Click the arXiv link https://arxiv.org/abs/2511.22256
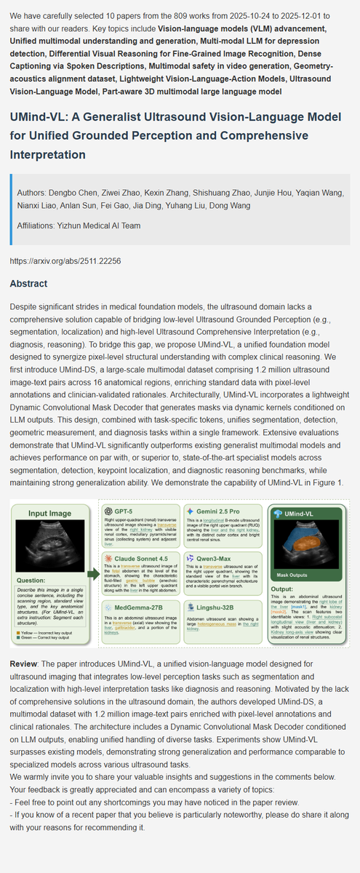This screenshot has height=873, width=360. (x=65, y=260)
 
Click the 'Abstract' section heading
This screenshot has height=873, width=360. (x=34, y=284)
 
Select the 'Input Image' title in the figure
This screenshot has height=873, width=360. (x=49, y=514)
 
